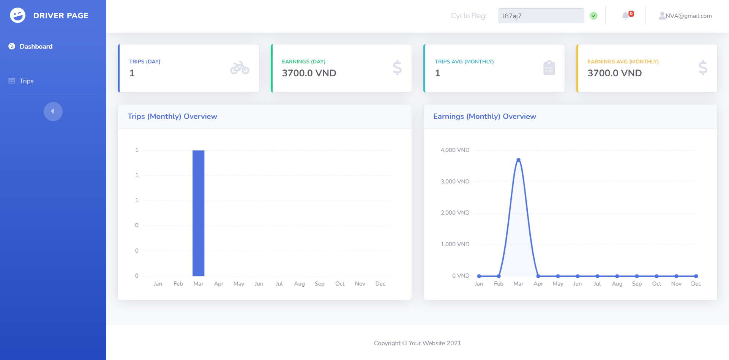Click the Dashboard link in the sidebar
point(36,46)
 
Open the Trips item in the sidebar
point(26,81)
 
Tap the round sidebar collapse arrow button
point(53,111)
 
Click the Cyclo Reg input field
point(541,16)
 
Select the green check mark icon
point(593,16)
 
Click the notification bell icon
point(625,16)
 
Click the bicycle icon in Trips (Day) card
point(240,68)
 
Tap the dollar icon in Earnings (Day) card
point(397,68)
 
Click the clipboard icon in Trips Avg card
point(549,68)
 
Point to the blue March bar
point(198,213)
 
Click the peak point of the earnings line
point(518,160)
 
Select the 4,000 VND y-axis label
point(455,150)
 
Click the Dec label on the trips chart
point(380,284)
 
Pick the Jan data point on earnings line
point(479,276)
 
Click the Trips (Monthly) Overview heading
point(172,117)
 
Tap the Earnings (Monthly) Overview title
point(484,117)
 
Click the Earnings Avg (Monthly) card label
point(623,62)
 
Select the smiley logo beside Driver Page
point(17,16)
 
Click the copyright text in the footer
point(417,343)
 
